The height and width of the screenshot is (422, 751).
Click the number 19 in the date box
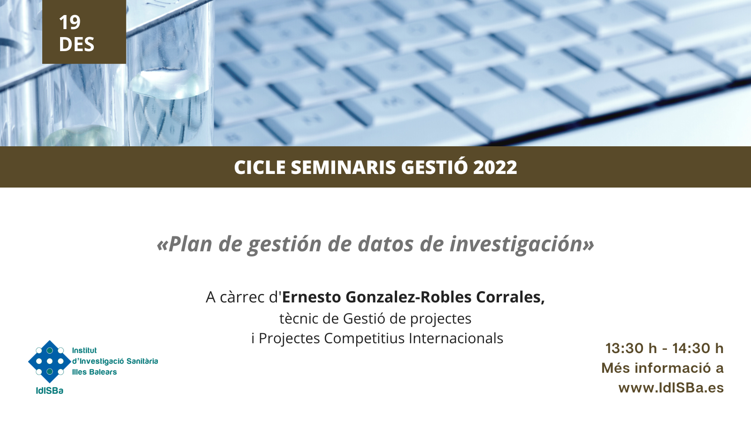(70, 23)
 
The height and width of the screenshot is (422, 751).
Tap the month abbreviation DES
(77, 44)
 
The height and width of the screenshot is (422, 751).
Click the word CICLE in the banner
(260, 167)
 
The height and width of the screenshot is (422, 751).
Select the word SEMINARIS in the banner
(343, 167)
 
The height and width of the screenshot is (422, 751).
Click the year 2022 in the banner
(495, 167)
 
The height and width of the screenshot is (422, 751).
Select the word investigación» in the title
(521, 245)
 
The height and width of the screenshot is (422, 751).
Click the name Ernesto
(312, 297)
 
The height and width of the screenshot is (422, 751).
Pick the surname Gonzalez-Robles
(408, 297)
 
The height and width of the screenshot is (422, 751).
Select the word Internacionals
(456, 338)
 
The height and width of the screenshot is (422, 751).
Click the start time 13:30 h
(631, 348)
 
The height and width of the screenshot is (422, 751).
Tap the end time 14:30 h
(697, 348)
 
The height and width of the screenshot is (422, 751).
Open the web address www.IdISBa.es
(671, 388)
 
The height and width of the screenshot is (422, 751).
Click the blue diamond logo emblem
(50, 362)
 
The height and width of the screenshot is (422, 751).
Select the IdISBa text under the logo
(50, 391)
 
